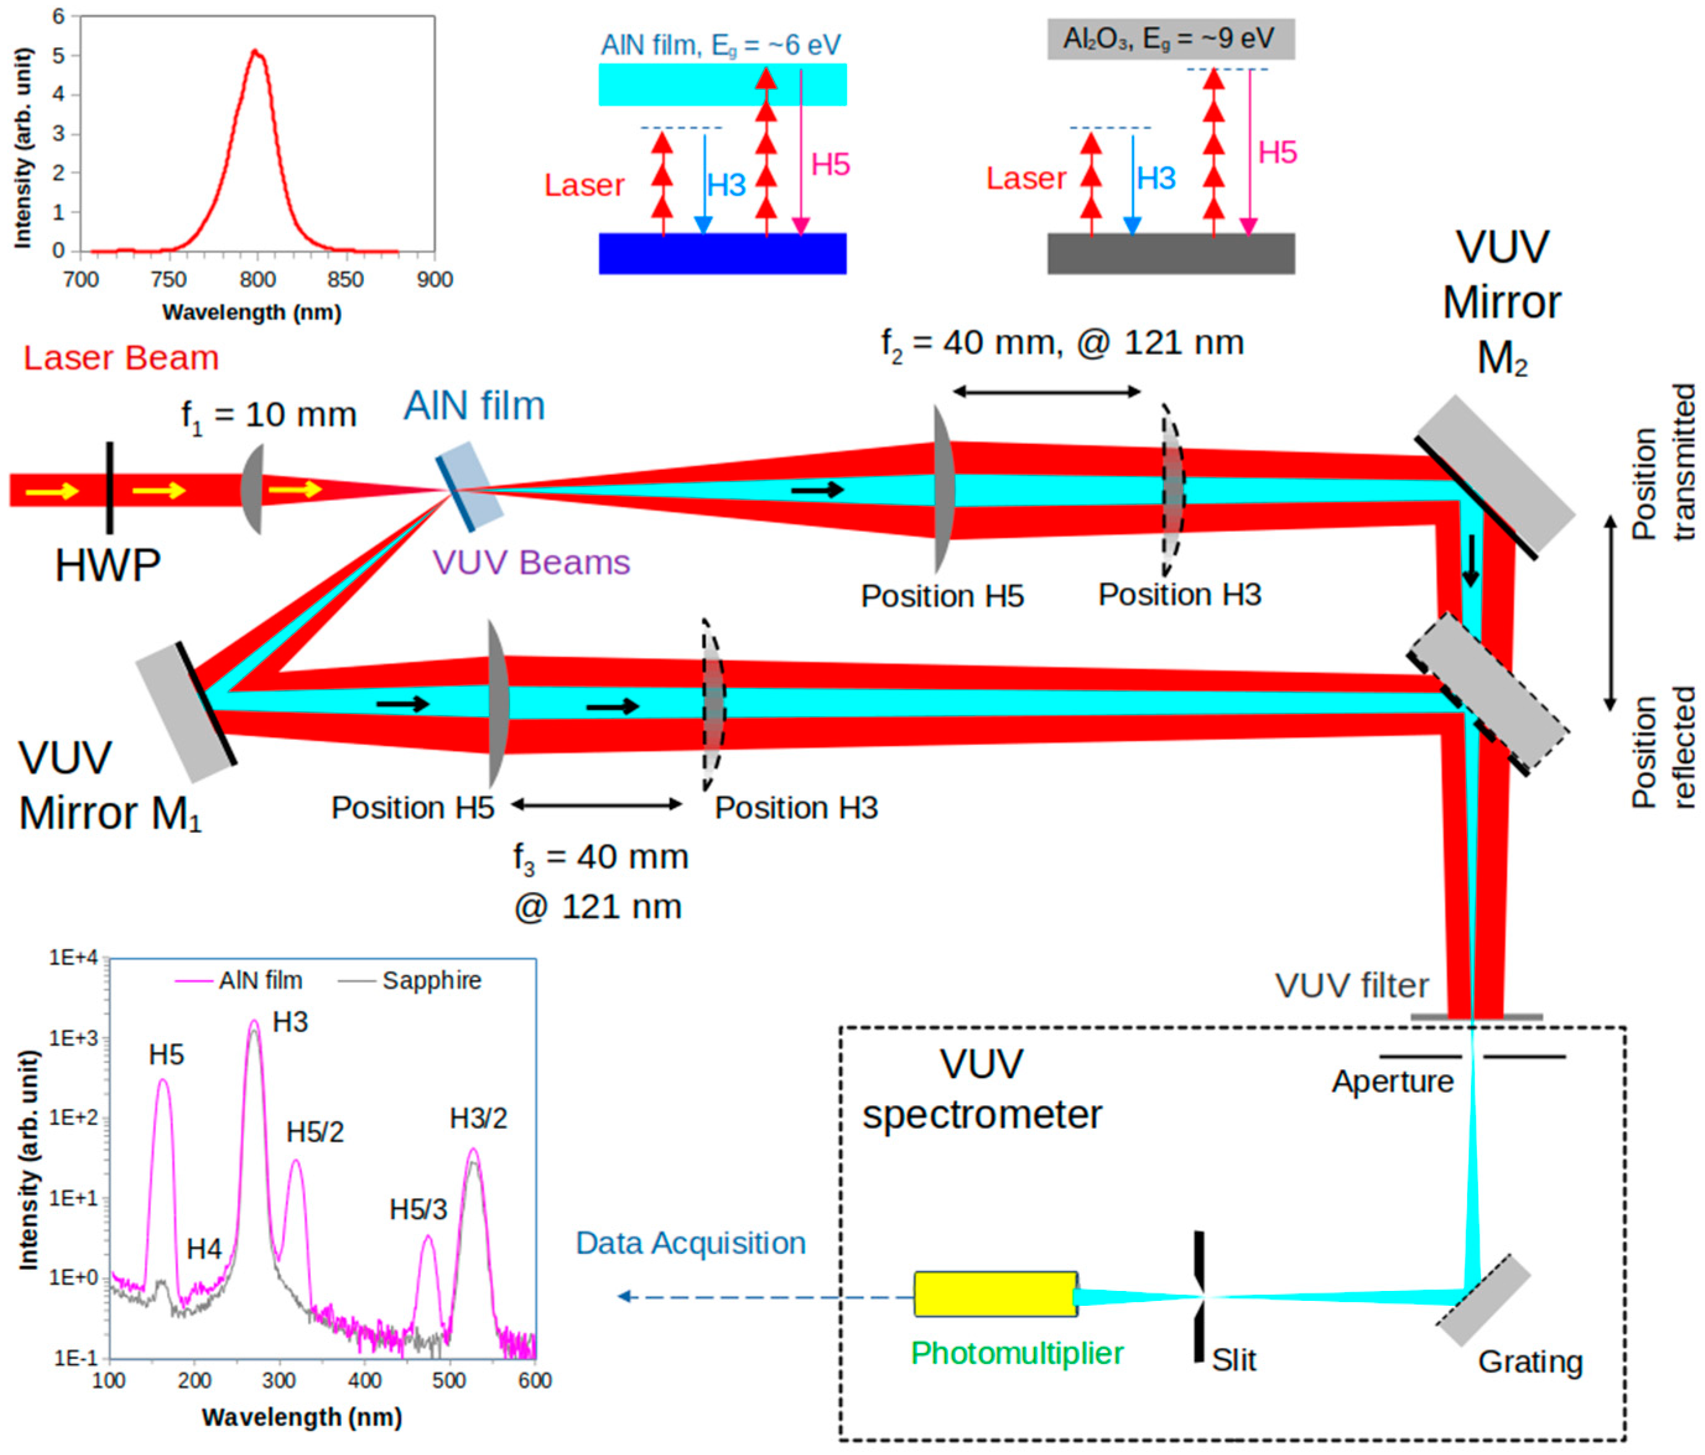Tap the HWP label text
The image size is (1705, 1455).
(107, 566)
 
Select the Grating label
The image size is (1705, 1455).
(1530, 1361)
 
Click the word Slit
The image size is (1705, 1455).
(1233, 1360)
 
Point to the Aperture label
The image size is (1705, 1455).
(1392, 1082)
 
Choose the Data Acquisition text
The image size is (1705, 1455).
(690, 1243)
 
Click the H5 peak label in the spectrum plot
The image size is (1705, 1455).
(166, 1055)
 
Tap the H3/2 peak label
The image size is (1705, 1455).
(478, 1118)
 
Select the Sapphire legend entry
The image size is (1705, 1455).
(431, 980)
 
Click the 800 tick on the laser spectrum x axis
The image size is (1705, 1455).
(258, 280)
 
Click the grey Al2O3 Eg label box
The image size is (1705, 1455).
(1170, 38)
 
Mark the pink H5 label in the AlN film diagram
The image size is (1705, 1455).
(830, 165)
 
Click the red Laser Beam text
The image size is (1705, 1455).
(121, 358)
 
